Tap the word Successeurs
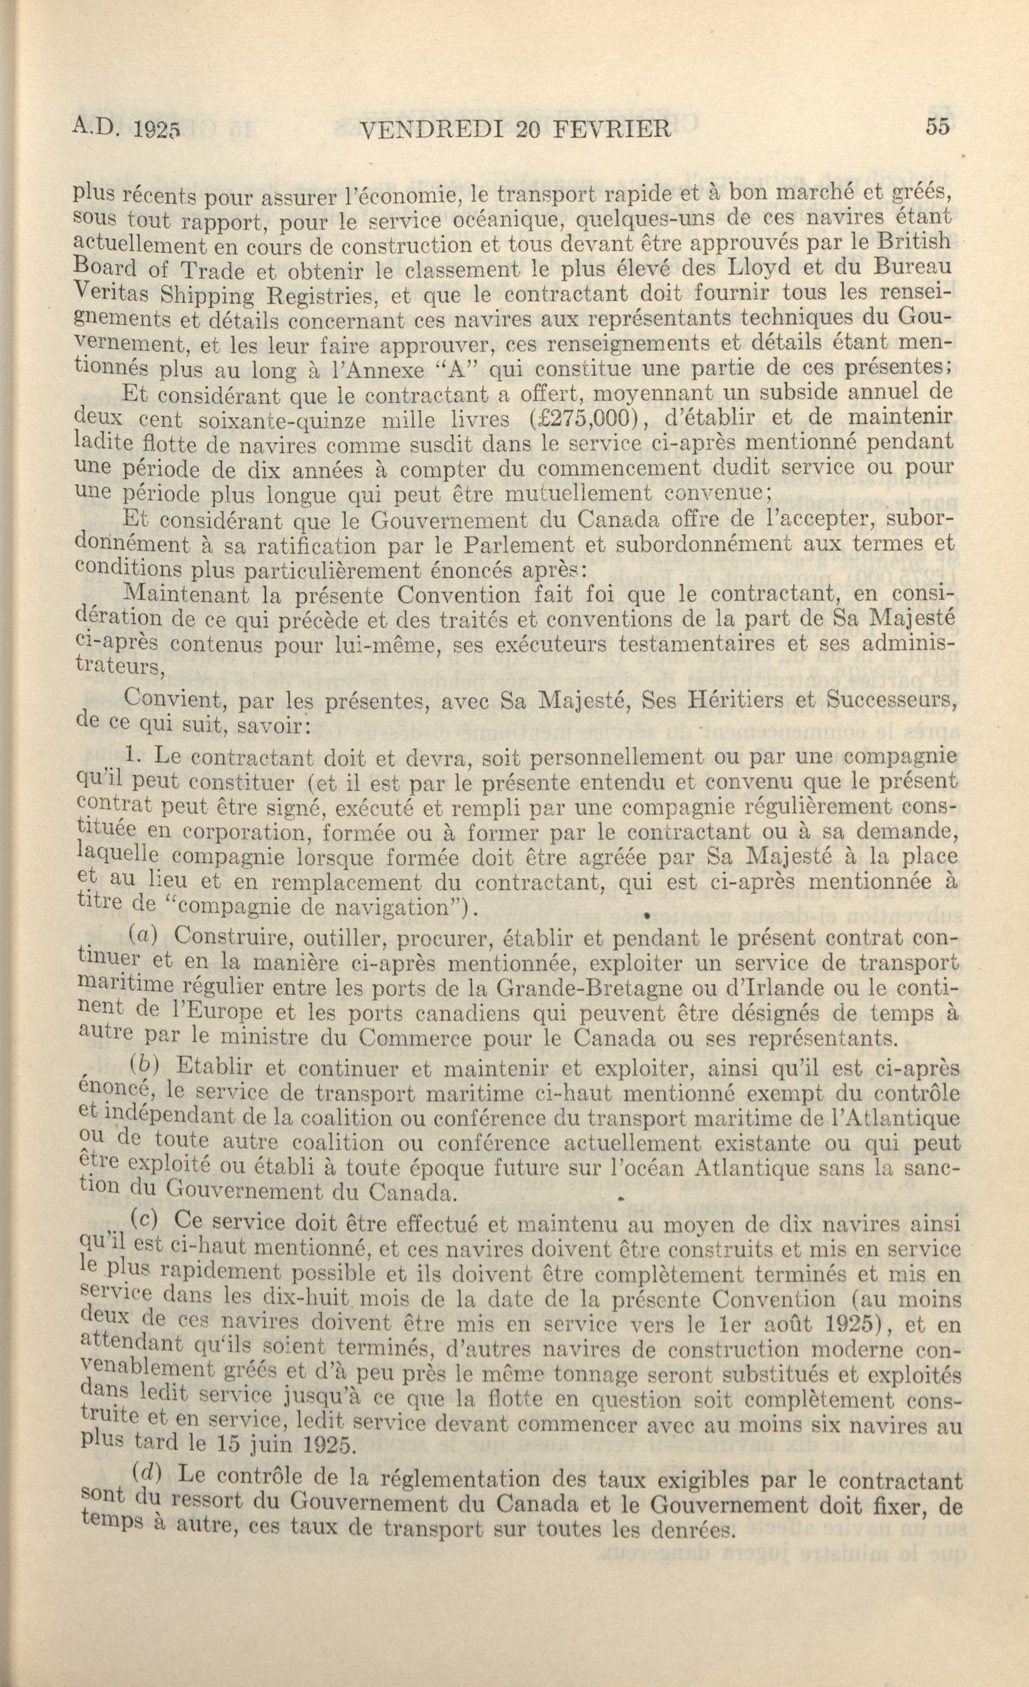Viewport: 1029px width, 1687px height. point(889,700)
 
